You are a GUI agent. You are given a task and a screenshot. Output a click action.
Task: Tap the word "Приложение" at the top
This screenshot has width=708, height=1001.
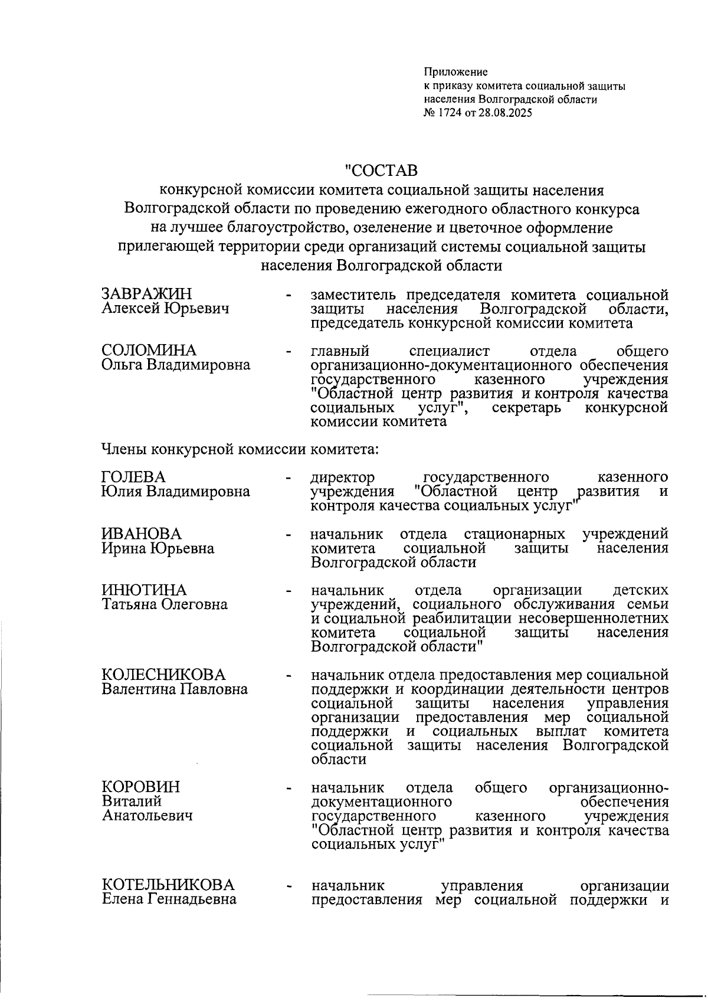coord(455,73)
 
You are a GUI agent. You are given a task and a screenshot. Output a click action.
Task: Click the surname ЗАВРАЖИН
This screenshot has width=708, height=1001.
coord(147,294)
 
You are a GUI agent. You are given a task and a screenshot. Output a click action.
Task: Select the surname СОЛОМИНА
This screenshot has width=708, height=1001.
coord(149,351)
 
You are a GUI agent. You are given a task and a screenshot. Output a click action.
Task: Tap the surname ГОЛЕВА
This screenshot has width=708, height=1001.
coord(134,477)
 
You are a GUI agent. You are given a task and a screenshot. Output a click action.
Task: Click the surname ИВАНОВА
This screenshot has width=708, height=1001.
coord(142,534)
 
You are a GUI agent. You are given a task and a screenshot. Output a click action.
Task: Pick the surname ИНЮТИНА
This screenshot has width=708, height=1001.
coord(144,590)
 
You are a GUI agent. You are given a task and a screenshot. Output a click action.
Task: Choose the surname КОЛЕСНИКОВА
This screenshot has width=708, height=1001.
coord(164,675)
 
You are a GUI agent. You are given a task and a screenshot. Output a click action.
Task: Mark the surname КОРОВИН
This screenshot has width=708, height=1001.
coord(142,787)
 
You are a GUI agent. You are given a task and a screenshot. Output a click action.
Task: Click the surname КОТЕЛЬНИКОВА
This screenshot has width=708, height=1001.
coord(168,885)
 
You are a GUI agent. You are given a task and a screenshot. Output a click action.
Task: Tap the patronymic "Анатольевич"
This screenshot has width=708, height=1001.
coord(147,816)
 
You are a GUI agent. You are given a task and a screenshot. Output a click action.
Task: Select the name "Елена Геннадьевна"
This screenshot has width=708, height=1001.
coord(169,899)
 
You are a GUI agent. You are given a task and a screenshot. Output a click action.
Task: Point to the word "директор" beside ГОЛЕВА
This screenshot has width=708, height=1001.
coord(343,477)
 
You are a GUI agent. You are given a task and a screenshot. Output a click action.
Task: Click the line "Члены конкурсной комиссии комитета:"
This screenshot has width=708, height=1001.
coord(240,450)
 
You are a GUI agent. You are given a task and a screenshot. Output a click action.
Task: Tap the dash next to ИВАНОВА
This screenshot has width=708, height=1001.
coord(289,535)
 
